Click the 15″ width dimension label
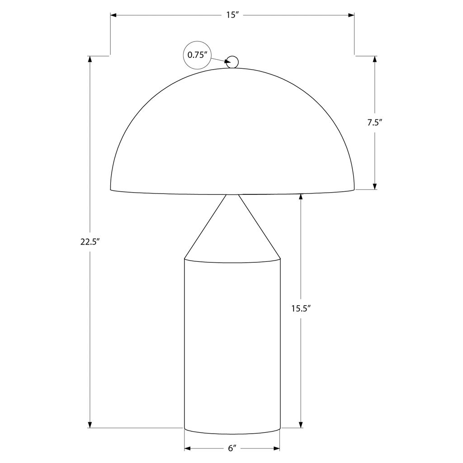point(233,15)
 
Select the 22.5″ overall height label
point(89,242)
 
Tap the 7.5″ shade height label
point(375,123)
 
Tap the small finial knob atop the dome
point(232,62)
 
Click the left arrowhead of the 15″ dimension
point(114,15)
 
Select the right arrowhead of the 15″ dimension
point(351,15)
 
